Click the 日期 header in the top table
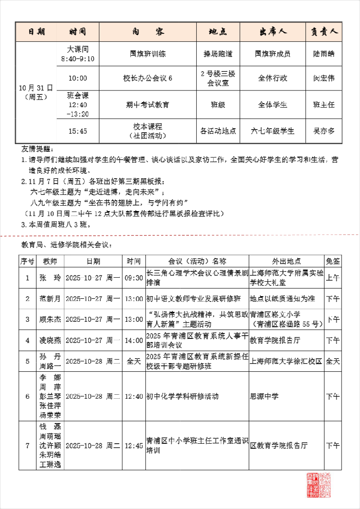coord(36,32)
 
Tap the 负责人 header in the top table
coord(324,32)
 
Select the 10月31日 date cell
coord(36,91)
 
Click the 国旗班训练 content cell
coord(148,54)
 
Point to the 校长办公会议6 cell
coord(148,78)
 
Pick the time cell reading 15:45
coord(78,131)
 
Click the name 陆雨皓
coord(324,54)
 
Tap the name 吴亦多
coord(324,131)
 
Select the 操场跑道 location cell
coord(218,54)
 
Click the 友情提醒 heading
coord(37,149)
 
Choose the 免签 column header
coord(333,261)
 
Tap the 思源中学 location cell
coord(264,396)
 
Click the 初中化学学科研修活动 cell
coord(183,396)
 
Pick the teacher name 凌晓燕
coord(50,340)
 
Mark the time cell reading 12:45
coord(134,446)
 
